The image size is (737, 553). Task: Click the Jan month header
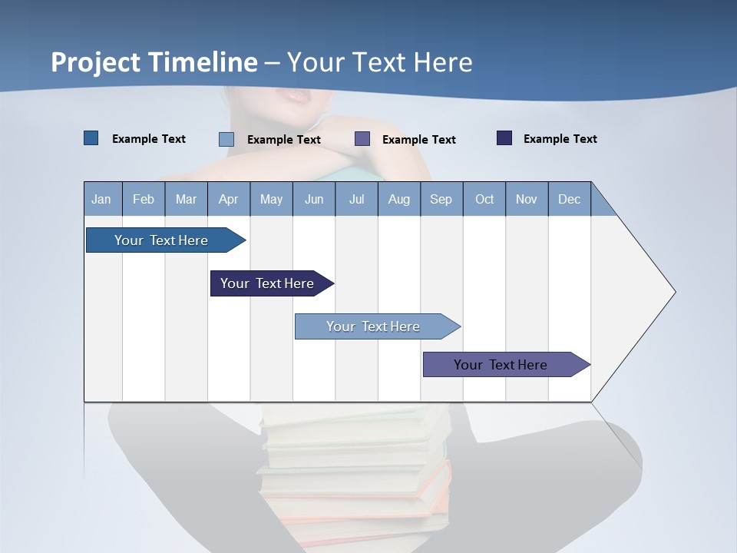point(102,199)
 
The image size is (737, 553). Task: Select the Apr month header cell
point(229,199)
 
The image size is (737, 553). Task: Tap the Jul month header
point(356,199)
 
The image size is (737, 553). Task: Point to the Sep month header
point(441,199)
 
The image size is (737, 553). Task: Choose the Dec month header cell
point(569,199)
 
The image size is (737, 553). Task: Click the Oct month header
point(484,199)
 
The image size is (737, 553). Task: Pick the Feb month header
point(144,199)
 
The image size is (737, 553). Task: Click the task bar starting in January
point(161,240)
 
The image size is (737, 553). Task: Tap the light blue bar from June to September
point(374,326)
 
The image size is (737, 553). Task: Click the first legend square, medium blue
point(91,138)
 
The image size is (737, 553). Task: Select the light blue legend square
point(226,139)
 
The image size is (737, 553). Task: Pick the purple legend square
point(362,139)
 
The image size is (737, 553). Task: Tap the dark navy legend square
point(504,138)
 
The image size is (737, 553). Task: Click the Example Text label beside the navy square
point(560,139)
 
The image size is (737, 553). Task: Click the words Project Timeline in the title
point(154,62)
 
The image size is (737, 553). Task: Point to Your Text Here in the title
point(379,62)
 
